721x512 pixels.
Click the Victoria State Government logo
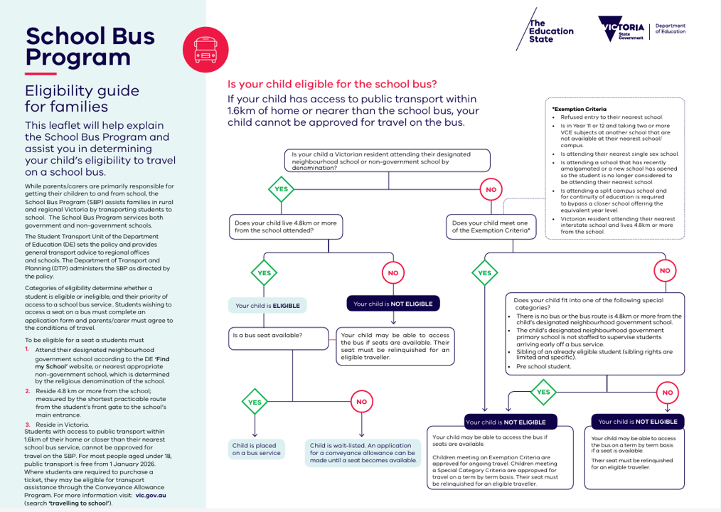[621, 28]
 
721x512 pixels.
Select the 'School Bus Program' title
[90, 46]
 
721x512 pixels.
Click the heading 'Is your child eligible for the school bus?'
[332, 83]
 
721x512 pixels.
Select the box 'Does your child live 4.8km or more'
[287, 227]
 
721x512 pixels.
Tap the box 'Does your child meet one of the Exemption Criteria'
[491, 227]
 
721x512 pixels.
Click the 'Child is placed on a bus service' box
[256, 449]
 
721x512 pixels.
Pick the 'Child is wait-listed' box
[363, 452]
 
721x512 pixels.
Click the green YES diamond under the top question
[281, 189]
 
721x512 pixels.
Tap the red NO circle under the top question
[491, 190]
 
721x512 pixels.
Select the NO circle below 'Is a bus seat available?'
[361, 402]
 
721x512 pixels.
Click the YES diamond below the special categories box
[543, 392]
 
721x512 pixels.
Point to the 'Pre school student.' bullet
[543, 366]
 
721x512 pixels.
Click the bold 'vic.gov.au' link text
[152, 495]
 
